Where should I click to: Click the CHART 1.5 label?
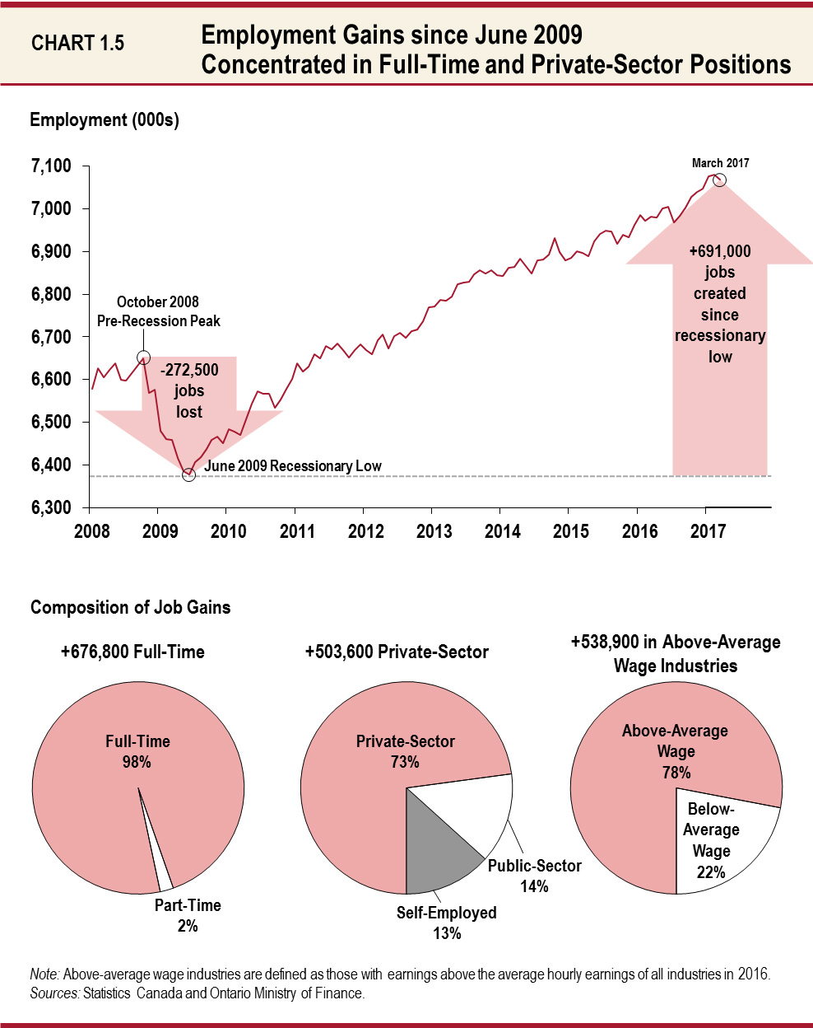pos(77,44)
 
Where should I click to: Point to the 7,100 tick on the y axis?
pos(51,166)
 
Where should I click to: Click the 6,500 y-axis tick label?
pos(51,423)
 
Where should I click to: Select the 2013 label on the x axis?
pos(434,531)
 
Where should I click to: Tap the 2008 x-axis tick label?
pos(92,531)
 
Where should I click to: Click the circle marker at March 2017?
pos(719,180)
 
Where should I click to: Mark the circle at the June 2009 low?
pos(188,475)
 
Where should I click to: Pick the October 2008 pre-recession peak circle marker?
pos(143,357)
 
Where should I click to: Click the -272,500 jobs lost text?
pos(189,390)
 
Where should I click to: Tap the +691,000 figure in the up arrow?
pos(720,251)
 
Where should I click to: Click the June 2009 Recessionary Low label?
pos(293,466)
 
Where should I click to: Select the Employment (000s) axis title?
pos(105,120)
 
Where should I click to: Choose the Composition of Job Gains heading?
pos(130,608)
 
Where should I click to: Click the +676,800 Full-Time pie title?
pos(132,652)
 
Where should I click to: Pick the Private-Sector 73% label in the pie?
pos(405,751)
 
